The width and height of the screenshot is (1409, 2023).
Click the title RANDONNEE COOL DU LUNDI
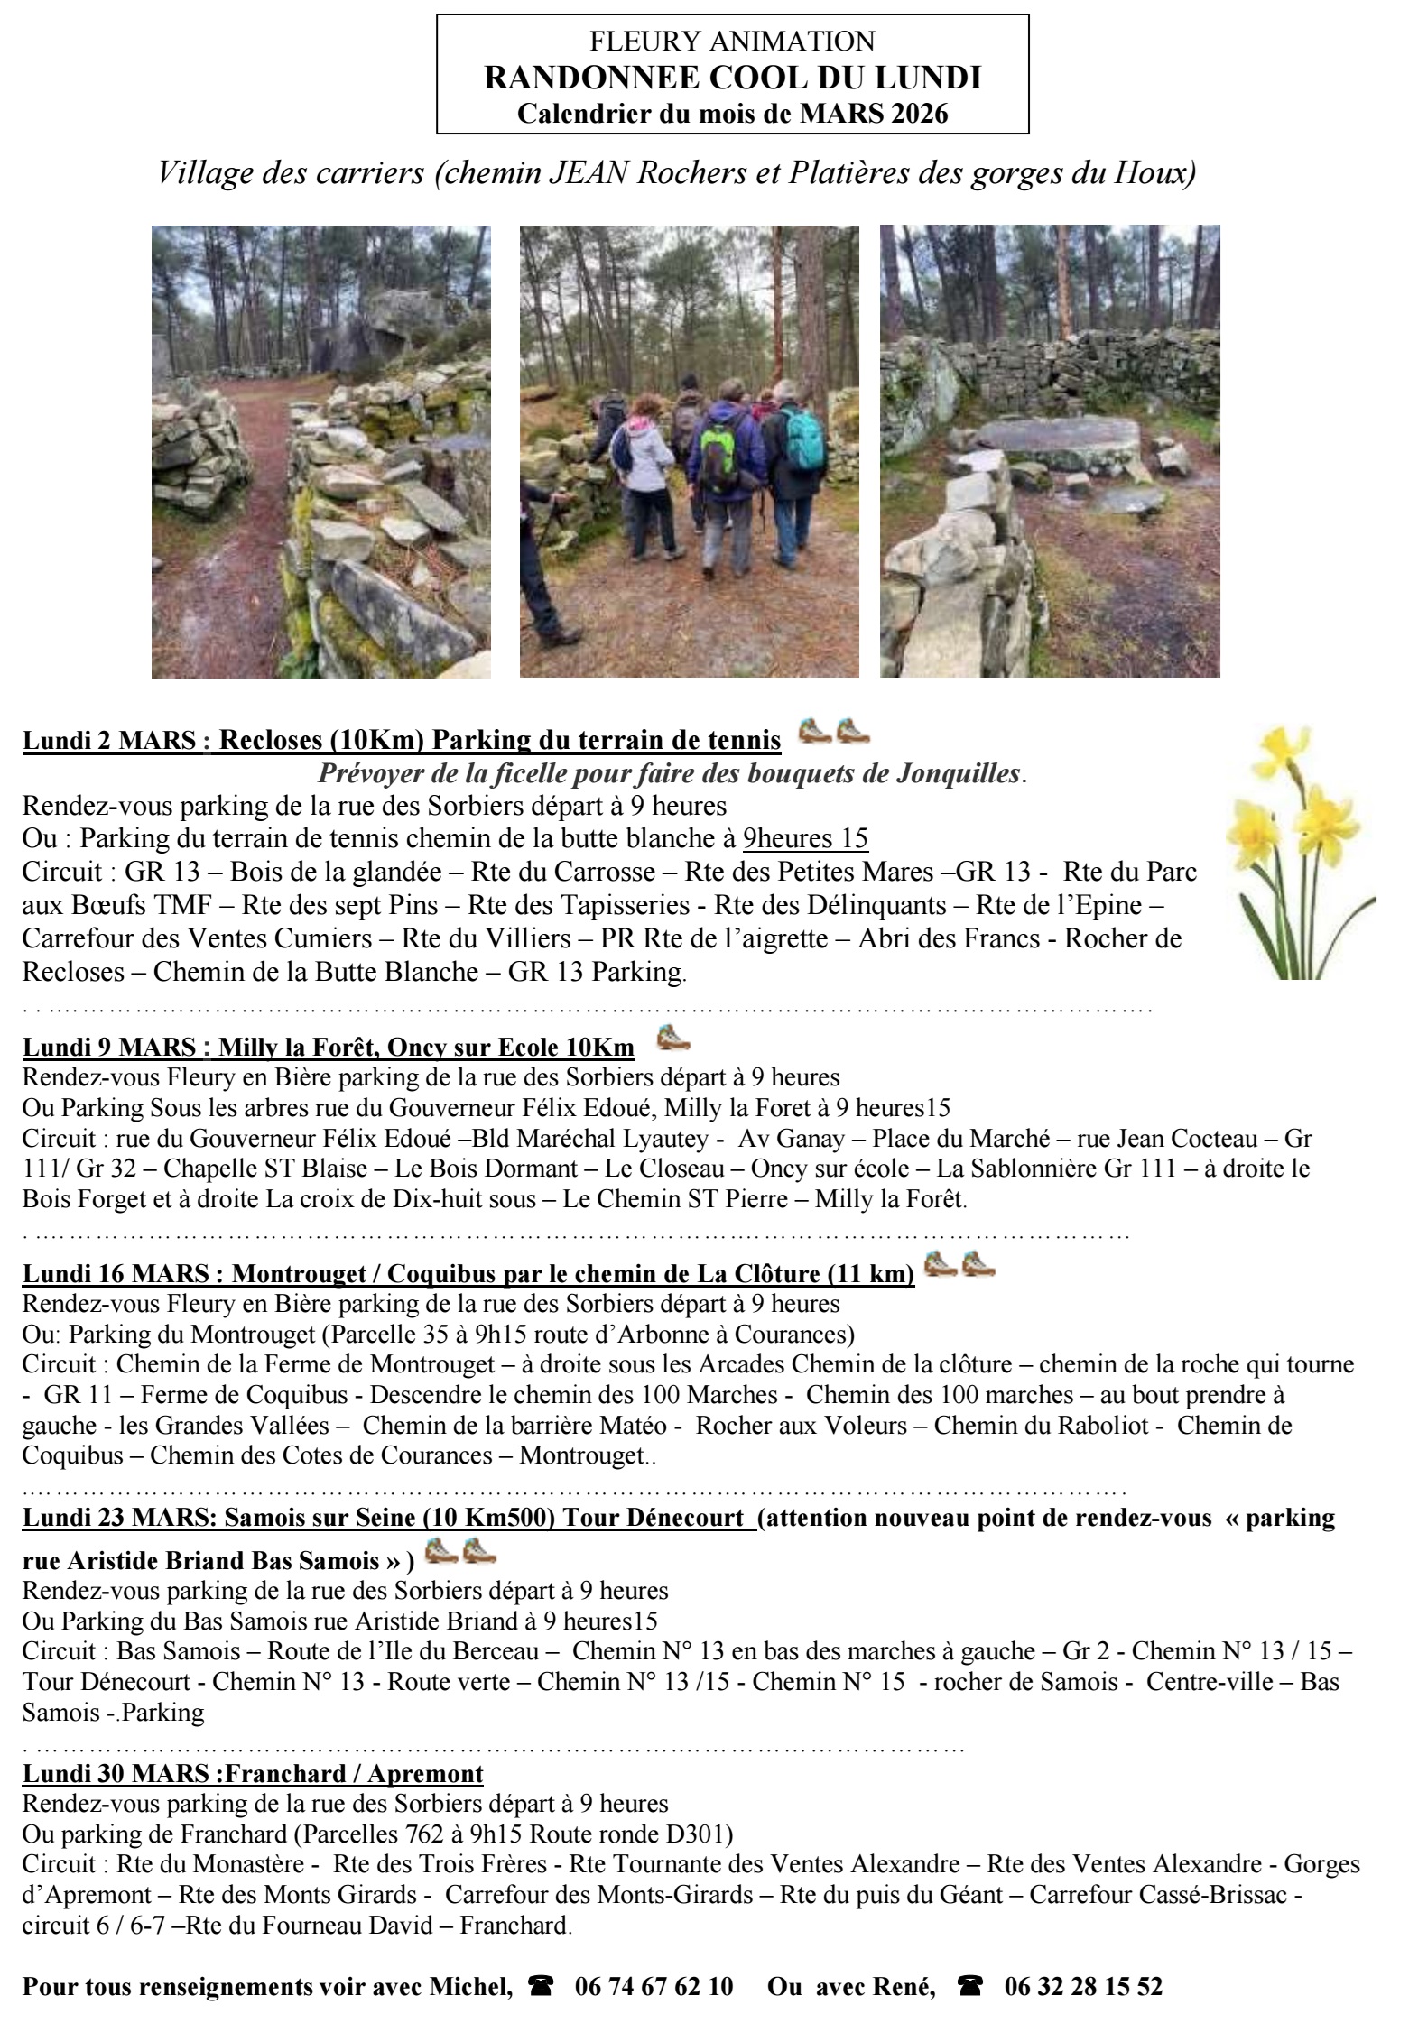pos(732,79)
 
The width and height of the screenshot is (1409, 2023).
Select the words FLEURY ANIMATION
pos(732,42)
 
